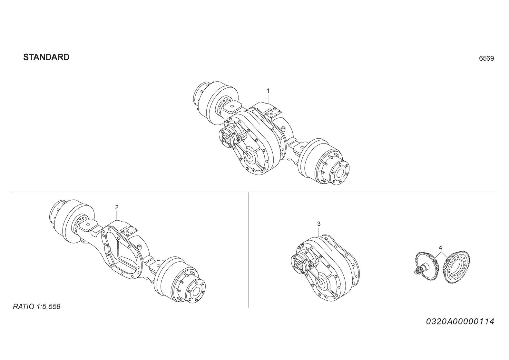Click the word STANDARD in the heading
46,57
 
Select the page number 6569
486,58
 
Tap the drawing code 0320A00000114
460,322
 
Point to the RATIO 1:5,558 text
36,307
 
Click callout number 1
268,91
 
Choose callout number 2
117,207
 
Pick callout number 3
319,224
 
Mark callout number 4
440,247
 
